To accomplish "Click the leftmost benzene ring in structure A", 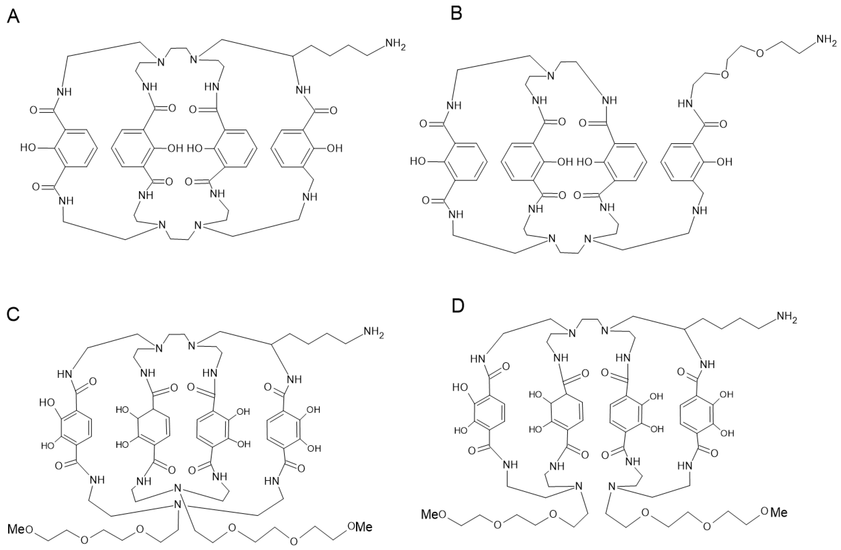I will click(75, 148).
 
